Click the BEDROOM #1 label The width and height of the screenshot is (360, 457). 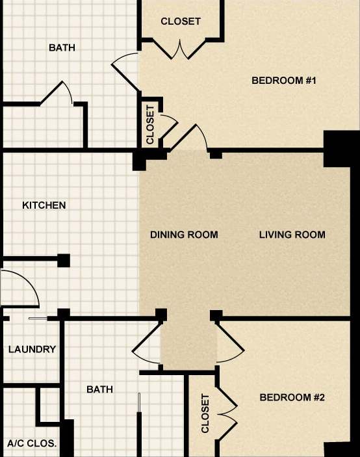283,81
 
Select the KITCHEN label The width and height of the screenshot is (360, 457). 44,205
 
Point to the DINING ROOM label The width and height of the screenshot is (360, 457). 184,235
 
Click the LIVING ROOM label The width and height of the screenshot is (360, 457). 292,235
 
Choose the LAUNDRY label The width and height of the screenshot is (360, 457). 32,349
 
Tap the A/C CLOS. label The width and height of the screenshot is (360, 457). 32,444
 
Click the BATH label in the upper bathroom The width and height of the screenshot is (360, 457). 62,47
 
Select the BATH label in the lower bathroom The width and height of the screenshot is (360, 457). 99,389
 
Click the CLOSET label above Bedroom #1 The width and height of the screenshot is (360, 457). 181,21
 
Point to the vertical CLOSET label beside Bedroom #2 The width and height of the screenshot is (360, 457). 205,413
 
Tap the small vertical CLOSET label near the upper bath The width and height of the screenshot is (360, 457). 150,125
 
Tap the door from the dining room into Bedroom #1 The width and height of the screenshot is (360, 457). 192,137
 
